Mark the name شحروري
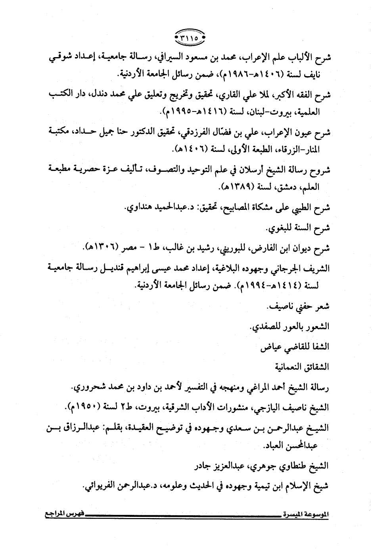pos(88,387)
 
